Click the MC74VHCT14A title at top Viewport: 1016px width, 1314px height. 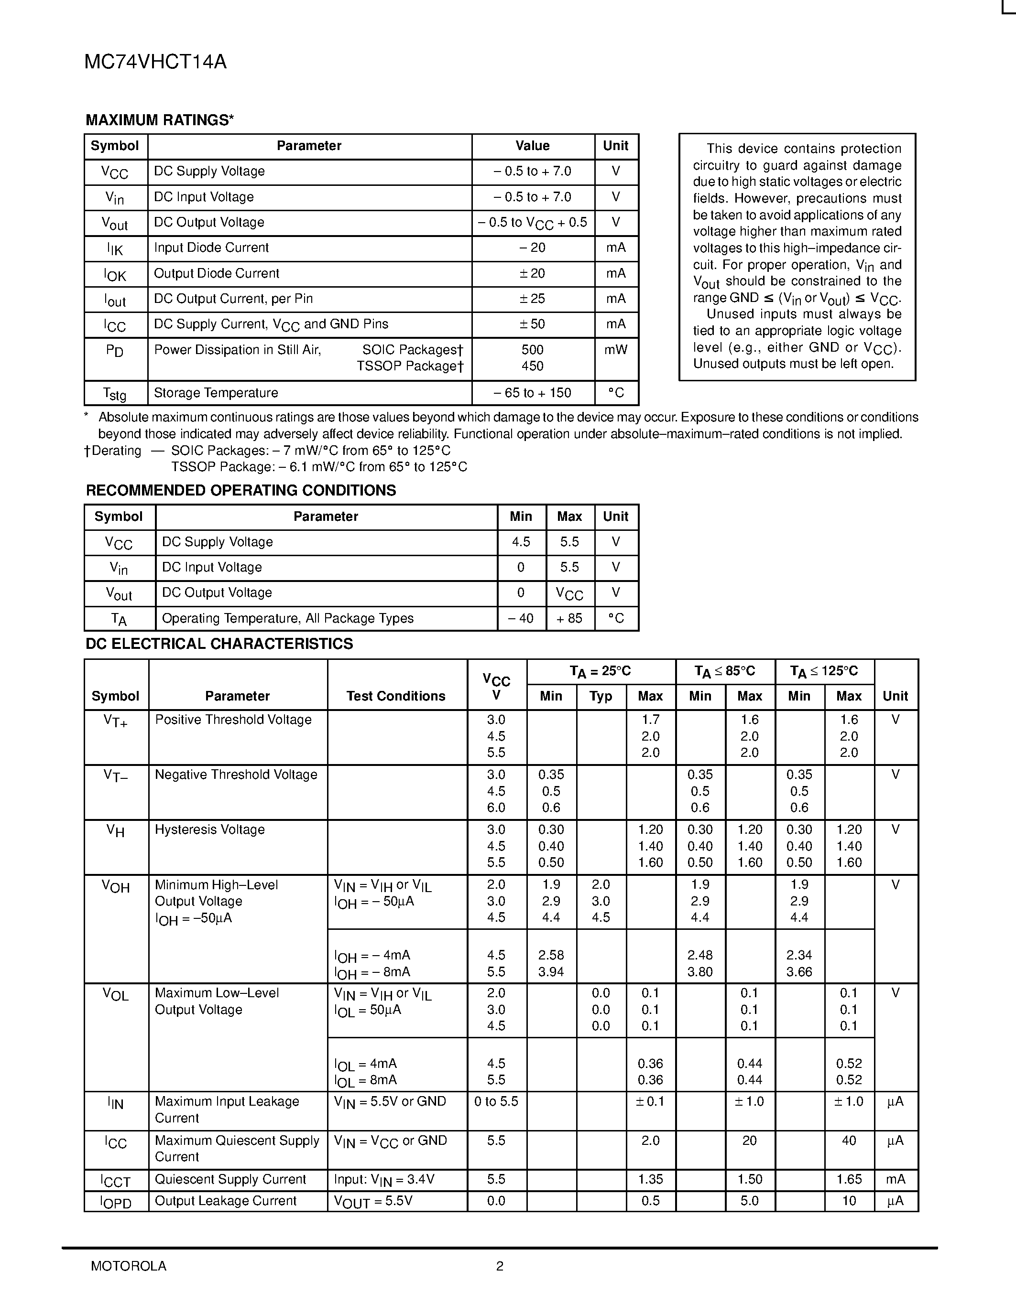click(155, 63)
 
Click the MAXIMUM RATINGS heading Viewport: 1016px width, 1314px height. click(160, 120)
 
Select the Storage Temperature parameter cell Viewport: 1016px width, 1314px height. click(216, 393)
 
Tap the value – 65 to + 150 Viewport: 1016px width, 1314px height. click(532, 393)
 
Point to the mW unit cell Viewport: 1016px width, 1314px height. click(616, 350)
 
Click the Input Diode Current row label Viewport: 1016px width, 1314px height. click(211, 248)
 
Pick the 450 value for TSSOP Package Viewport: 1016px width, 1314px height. click(532, 366)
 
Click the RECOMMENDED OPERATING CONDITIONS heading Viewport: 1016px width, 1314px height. click(241, 490)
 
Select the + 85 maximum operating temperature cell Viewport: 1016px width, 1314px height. click(569, 618)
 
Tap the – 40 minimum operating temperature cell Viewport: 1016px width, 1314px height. click(521, 618)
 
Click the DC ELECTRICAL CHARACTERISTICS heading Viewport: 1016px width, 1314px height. click(219, 644)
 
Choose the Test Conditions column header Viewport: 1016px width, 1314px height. click(395, 696)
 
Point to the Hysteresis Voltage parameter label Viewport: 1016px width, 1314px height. click(209, 829)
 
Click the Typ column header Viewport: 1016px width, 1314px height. click(601, 696)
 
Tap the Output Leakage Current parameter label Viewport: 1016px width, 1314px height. click(226, 1201)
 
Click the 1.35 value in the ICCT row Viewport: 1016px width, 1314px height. click(650, 1179)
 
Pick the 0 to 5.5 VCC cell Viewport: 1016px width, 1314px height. click(496, 1102)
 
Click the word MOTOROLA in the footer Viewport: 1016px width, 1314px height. click(128, 1266)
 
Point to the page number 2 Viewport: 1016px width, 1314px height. click(500, 1266)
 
